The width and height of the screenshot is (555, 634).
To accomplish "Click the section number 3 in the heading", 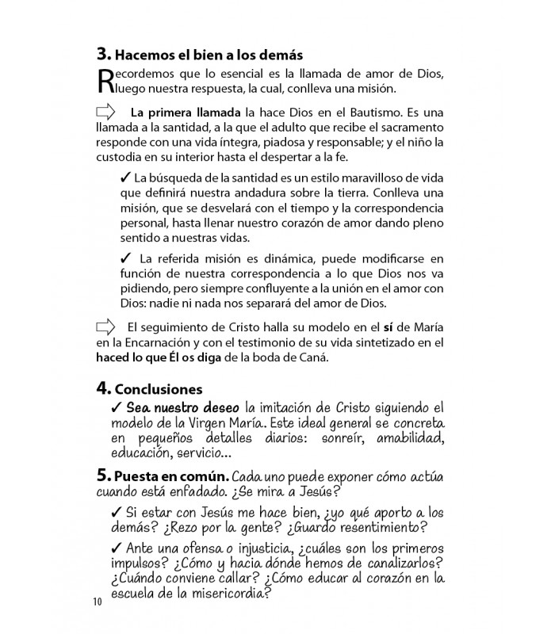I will pyautogui.click(x=103, y=55).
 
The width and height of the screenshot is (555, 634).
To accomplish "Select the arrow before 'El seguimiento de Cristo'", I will pyautogui.click(x=105, y=327).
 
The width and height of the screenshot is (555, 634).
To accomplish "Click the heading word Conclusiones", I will pyautogui.click(x=159, y=389).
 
